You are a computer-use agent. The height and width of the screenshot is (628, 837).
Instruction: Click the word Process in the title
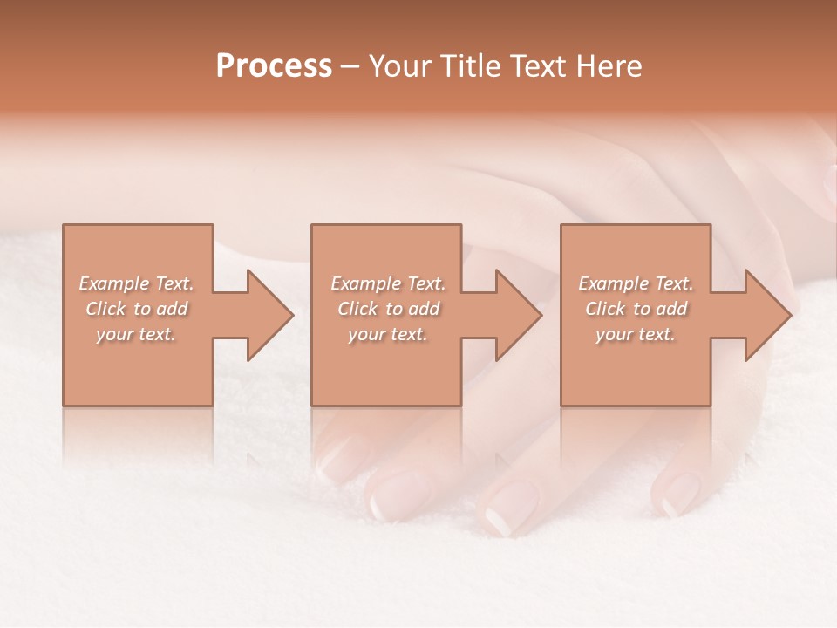[274, 66]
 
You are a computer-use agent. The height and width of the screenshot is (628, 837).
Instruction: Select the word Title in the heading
[461, 66]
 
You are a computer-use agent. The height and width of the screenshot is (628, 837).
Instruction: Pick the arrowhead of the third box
[766, 315]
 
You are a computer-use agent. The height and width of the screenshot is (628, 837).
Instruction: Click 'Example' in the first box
[114, 283]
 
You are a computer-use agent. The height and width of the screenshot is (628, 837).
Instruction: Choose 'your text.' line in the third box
[636, 334]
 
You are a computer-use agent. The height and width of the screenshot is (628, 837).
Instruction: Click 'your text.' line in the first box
[136, 334]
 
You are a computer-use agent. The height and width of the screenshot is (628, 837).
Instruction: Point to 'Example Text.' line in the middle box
[388, 283]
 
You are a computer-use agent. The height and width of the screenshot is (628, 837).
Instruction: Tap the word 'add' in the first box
[172, 309]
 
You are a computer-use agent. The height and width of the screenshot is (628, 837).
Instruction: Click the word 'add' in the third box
[671, 309]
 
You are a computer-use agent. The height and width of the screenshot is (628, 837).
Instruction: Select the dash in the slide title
[350, 67]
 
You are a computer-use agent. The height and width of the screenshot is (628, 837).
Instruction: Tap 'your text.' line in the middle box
[388, 334]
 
